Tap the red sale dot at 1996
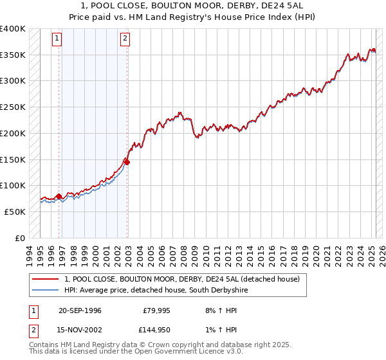tap(59, 196)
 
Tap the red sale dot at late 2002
tap(127, 162)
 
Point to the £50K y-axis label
tap(15, 212)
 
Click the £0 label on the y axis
tap(21, 238)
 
